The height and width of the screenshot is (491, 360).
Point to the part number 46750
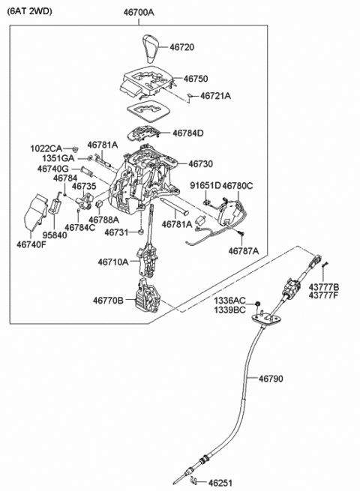pyautogui.click(x=196, y=78)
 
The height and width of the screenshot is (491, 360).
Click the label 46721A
pyautogui.click(x=214, y=96)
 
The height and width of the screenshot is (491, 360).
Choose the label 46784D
pyautogui.click(x=187, y=133)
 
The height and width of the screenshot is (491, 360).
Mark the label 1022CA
pyautogui.click(x=46, y=148)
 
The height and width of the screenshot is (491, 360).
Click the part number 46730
pyautogui.click(x=200, y=163)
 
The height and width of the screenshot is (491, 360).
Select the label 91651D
pyautogui.click(x=205, y=185)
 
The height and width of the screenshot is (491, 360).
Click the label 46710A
pyautogui.click(x=112, y=262)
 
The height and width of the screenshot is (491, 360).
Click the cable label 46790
pyautogui.click(x=271, y=379)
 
